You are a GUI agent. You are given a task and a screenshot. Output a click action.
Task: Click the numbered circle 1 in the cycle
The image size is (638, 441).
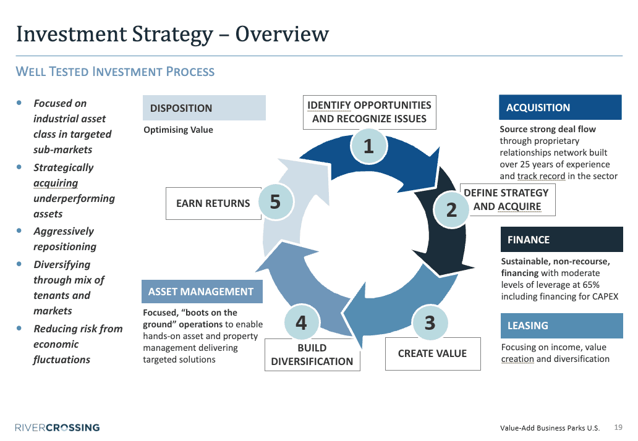[x=368, y=146]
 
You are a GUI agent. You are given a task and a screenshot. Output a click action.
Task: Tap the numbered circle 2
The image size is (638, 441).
[x=451, y=209]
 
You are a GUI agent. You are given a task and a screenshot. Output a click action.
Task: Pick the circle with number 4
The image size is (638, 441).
[x=301, y=322]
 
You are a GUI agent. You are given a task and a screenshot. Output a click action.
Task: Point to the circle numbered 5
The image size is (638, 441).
[x=275, y=201]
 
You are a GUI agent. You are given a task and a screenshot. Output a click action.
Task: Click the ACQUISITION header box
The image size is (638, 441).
[x=559, y=107]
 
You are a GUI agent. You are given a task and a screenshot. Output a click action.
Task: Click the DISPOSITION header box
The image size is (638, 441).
[x=204, y=108]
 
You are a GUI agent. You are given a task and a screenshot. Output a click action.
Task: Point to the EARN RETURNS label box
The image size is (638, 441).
[x=213, y=203]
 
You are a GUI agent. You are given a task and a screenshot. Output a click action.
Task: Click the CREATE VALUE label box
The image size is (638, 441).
[x=432, y=353]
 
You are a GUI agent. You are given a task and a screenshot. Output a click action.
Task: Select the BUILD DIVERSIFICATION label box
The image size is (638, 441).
[x=312, y=355]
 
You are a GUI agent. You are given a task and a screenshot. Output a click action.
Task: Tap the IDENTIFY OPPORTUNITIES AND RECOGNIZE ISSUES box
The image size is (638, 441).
[x=369, y=112]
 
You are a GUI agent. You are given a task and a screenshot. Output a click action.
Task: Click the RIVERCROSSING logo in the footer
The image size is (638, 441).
[x=57, y=427]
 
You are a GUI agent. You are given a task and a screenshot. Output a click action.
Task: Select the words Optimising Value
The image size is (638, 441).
[x=178, y=130]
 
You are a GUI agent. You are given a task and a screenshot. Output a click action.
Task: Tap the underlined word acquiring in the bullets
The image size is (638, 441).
[x=56, y=183]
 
